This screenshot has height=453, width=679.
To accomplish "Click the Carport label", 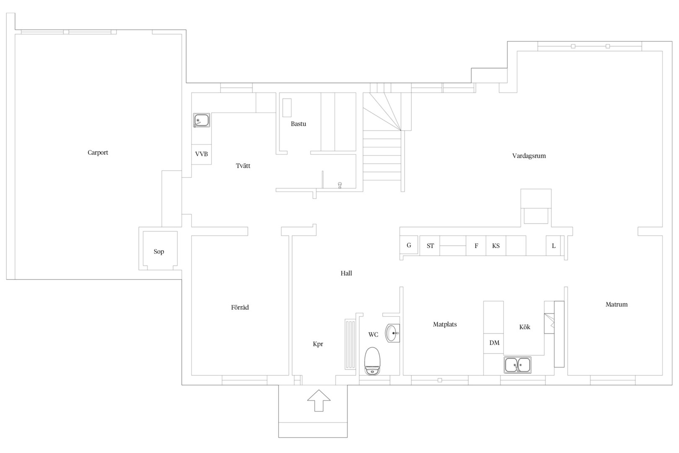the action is point(98,153).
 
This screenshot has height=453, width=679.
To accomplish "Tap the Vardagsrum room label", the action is point(529,156).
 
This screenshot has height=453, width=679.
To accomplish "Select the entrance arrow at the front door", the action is point(319,401).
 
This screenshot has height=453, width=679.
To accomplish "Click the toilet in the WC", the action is point(372,361).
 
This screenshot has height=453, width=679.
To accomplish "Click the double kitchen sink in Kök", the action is point(518,364).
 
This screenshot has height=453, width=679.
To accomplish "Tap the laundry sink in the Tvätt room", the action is point(201,120).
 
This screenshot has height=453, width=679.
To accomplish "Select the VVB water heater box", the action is point(201,154).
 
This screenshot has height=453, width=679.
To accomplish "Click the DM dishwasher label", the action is point(494,343).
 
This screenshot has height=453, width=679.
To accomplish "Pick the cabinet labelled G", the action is point(409,245).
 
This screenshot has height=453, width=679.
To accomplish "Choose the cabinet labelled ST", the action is point(430,245).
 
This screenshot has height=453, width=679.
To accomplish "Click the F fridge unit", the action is point(476,245).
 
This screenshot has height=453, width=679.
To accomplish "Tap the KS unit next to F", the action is point(496,245).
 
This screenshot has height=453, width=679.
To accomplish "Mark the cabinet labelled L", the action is point(554,245).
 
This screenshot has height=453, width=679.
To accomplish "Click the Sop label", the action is point(159,252).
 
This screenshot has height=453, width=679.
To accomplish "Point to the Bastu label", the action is point(298,124).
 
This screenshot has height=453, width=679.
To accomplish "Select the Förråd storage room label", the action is point(240,307).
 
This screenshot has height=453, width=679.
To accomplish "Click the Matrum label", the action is point(616,305).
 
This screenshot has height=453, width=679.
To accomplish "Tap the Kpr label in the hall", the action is point(318,344).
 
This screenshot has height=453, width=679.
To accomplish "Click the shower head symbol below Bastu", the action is point(340,185).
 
